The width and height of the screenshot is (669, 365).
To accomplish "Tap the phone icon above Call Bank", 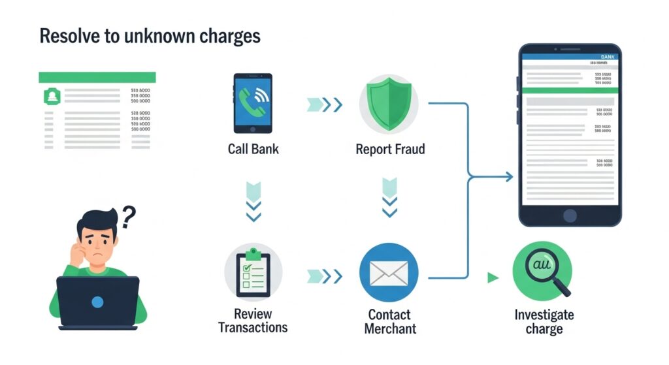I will pos(253,103).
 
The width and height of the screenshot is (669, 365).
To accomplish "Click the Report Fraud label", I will pos(390,149).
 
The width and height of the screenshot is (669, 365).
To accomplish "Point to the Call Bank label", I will pos(253,149).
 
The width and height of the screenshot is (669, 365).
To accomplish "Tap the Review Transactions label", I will pos(253,321).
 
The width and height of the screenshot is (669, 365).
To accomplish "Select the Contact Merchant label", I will pos(390,321).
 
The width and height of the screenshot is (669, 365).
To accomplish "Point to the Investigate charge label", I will pos(544,321).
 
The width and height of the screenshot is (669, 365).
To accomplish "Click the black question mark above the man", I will pos(129,215).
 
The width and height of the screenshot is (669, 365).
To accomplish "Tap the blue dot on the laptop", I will pos(97,302).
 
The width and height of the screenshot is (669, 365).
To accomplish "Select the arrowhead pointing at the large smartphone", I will pos(508,176).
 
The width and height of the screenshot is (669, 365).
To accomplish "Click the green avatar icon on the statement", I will pos(50,97).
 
